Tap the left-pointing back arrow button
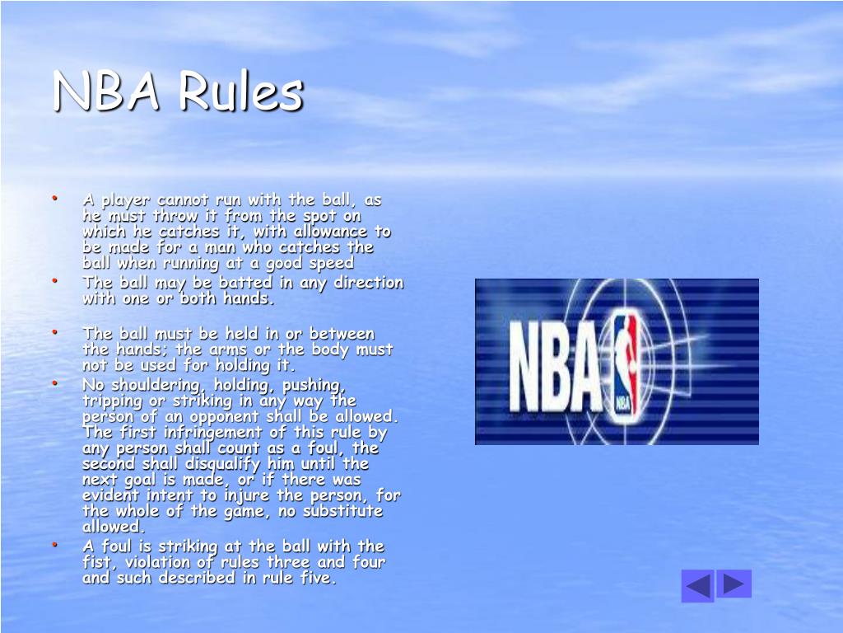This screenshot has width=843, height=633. tap(697, 586)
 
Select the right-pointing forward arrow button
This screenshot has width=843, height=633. tap(734, 584)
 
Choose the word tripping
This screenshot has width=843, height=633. tap(111, 401)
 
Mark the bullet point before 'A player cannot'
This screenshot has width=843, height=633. tap(54, 198)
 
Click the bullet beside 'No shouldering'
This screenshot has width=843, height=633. tap(54, 383)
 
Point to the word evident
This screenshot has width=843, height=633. tap(109, 495)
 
